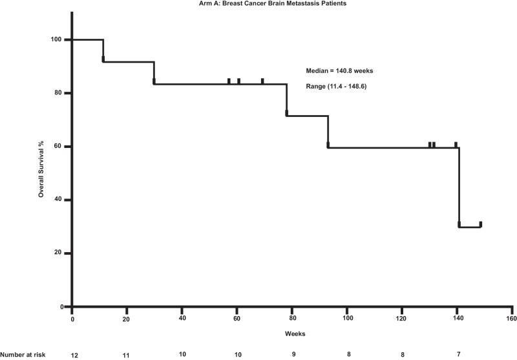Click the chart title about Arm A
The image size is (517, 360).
point(258,4)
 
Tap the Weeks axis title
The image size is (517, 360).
point(291,334)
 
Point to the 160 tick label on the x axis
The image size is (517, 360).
point(511,318)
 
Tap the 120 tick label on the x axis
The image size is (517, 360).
point(401,318)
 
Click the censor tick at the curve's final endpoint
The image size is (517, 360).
point(480,224)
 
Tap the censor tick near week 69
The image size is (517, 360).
point(262,81)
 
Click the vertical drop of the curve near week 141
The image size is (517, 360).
point(459,187)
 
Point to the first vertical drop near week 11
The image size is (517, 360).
point(103,50)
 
